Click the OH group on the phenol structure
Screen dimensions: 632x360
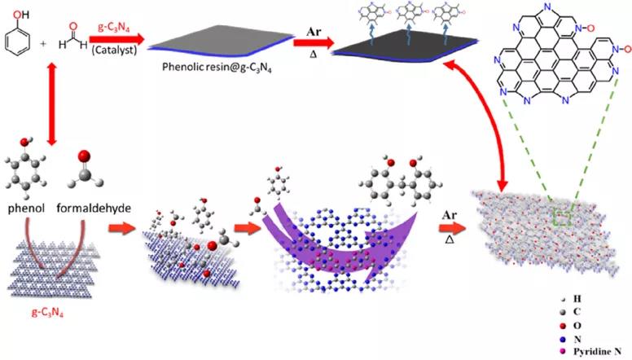point(21,15)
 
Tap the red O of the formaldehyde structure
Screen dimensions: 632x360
point(73,27)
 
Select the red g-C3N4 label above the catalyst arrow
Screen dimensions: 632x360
point(114,29)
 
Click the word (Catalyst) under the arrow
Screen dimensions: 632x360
point(114,50)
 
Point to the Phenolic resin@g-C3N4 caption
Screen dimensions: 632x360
point(217,67)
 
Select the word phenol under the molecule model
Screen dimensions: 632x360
point(26,208)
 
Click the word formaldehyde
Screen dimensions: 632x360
point(94,208)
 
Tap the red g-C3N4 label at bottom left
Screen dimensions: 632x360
point(47,313)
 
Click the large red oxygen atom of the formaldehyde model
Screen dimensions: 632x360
point(84,156)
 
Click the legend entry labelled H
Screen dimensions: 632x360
point(571,299)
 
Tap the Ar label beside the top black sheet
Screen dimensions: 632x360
point(314,32)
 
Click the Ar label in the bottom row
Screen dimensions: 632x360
point(450,215)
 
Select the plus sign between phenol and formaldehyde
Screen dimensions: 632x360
point(43,42)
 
